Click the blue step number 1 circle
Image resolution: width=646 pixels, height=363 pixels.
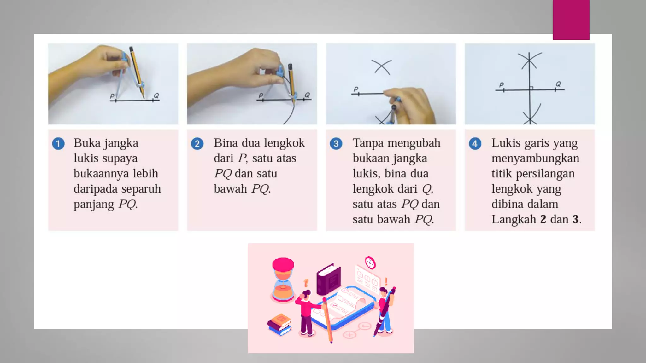tap(58, 144)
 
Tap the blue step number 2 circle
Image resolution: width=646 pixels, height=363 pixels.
tap(197, 144)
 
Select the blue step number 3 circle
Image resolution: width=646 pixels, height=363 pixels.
tap(336, 144)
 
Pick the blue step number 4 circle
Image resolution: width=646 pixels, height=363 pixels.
tap(475, 144)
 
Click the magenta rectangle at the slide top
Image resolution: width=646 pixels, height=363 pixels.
tap(571, 20)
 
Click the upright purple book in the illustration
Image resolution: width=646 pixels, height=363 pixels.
tap(328, 279)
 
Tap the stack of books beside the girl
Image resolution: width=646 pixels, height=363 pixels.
tap(279, 324)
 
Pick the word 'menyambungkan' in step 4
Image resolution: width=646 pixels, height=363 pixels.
tap(535, 158)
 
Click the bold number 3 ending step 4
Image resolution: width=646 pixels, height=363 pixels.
tap(575, 219)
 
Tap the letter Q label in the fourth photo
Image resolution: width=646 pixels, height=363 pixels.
tap(558, 84)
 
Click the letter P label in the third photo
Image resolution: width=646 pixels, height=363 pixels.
tap(356, 89)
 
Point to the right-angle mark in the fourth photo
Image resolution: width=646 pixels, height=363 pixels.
tap(531, 88)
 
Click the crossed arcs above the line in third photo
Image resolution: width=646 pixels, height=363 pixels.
tap(382, 67)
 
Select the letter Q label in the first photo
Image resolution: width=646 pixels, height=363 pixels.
tap(156, 95)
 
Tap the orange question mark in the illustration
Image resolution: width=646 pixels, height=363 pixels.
tap(306, 283)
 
